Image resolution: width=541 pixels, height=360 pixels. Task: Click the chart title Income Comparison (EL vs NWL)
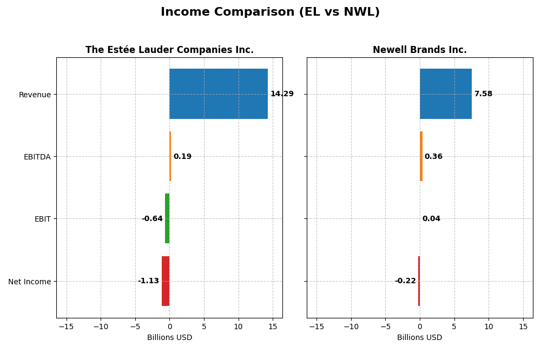tap(270, 12)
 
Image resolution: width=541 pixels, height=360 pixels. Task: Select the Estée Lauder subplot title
tap(169, 50)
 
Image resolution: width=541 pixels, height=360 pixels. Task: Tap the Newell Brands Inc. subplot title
tap(419, 50)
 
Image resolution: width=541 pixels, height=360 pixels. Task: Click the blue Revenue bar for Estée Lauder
tap(219, 94)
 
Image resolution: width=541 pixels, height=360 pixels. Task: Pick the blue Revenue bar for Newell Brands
tap(446, 94)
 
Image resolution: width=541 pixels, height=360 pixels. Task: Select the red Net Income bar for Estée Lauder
tap(166, 281)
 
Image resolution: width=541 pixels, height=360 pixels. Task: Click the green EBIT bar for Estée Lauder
tap(167, 219)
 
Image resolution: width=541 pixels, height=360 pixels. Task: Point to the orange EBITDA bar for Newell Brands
tap(421, 157)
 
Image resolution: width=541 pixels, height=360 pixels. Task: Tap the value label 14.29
tap(282, 94)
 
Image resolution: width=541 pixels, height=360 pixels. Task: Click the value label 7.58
tap(483, 94)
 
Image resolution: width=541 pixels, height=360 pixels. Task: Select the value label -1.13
tap(148, 281)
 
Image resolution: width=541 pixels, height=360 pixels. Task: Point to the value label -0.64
tap(152, 219)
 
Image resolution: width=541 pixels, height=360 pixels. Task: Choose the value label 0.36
tap(433, 157)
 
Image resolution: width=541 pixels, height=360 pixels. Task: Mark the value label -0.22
tap(405, 281)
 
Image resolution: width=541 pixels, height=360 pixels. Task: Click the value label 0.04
tap(431, 219)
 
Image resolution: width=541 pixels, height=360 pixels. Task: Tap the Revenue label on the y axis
tap(35, 95)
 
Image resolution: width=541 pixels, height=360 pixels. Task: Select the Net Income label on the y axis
tap(30, 282)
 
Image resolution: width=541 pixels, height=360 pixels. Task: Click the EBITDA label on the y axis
tap(37, 157)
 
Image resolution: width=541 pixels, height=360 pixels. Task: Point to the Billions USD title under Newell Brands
tap(419, 338)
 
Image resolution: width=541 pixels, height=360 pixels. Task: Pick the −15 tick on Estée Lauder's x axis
tap(66, 326)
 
